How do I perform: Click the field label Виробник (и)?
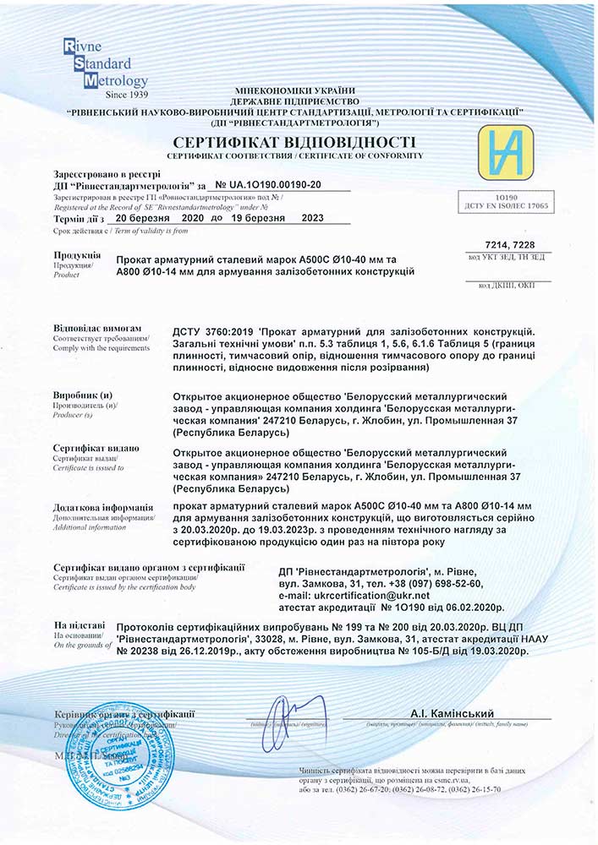point(83,395)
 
